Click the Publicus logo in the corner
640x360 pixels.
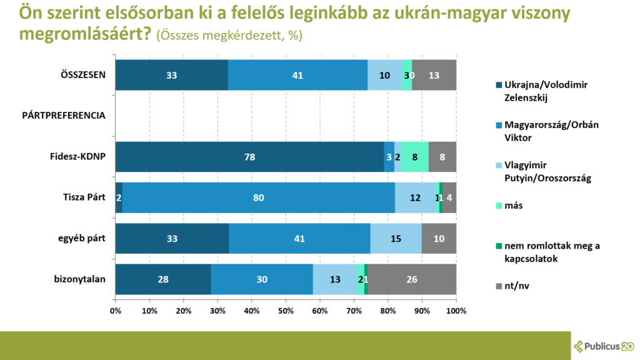(604, 346)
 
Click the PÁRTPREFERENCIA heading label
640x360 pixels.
(64, 116)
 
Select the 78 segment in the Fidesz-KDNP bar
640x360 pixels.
(249, 157)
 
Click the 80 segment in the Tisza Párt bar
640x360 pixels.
(259, 197)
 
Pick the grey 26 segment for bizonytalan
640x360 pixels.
(412, 279)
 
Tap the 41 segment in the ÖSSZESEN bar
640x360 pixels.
(297, 75)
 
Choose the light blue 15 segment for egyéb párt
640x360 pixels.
(396, 238)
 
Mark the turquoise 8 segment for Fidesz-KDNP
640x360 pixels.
(415, 157)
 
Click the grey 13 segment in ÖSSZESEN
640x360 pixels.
(434, 75)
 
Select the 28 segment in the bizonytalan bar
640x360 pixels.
(163, 279)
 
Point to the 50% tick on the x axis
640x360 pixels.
(286, 311)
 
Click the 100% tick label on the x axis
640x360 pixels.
(456, 311)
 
